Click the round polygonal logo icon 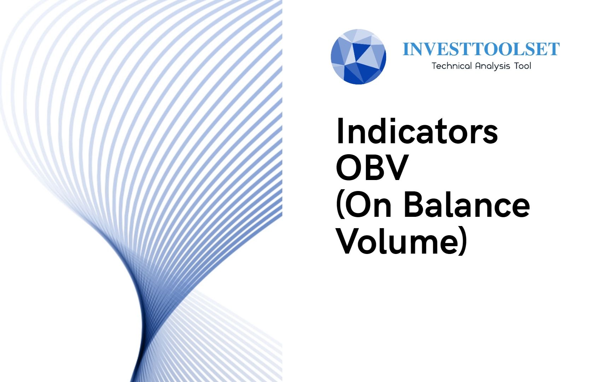tap(358, 57)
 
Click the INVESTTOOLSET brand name tap(481, 49)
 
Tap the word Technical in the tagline tap(452, 66)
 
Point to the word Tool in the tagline tap(523, 66)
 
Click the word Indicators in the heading tap(417, 131)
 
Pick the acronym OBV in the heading tap(372, 167)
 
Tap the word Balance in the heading tap(467, 204)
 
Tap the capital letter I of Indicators tap(340, 131)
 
